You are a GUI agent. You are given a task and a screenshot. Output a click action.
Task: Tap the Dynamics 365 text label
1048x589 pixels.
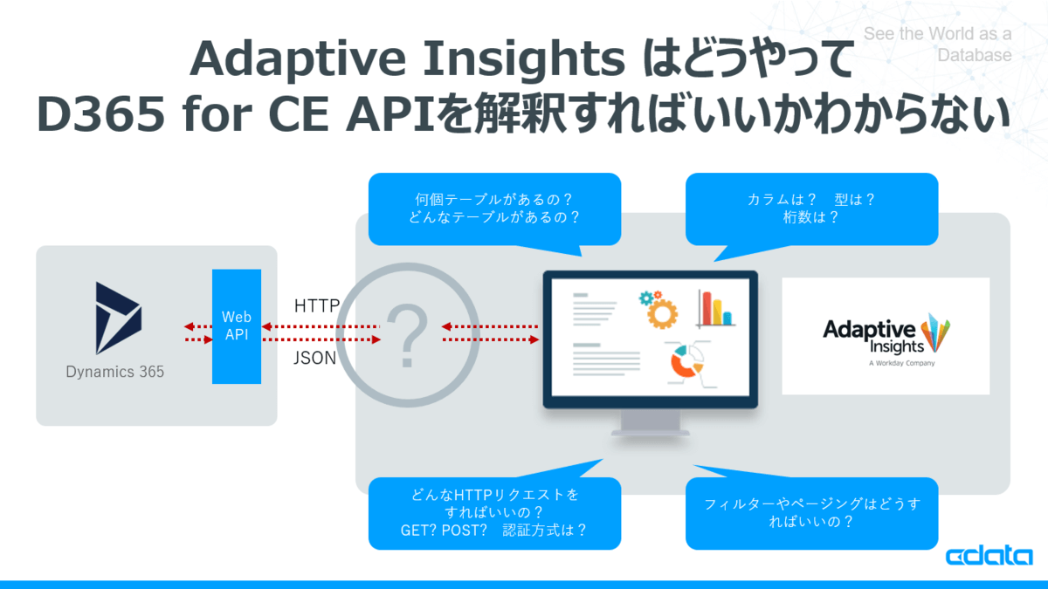point(115,372)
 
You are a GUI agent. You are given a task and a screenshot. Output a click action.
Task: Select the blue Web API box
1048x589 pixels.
point(237,326)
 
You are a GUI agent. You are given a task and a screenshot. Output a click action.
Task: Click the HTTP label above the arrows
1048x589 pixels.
point(317,305)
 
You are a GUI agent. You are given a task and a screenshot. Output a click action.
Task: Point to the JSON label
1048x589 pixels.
point(315,358)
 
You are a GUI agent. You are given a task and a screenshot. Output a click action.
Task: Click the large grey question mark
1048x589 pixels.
point(408,335)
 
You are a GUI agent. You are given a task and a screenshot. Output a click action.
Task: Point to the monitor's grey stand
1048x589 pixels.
point(651,422)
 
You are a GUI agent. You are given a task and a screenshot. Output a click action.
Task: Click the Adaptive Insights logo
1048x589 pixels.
point(886,336)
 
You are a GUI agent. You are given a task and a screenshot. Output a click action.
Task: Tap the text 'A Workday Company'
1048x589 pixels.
point(901,363)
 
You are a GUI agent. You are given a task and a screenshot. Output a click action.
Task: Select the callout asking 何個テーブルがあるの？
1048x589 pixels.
point(494,209)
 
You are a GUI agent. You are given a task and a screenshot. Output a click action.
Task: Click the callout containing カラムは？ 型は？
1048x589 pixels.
point(811,209)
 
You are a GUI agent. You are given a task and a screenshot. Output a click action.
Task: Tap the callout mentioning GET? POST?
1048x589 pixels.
point(494,513)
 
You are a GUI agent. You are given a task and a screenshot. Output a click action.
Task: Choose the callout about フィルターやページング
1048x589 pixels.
point(811,513)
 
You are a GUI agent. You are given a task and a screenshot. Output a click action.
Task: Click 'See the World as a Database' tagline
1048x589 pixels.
point(938,45)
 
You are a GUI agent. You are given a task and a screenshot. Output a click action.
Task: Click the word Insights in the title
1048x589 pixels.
point(523,60)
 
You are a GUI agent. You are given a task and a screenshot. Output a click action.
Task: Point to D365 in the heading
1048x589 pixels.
point(100,114)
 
